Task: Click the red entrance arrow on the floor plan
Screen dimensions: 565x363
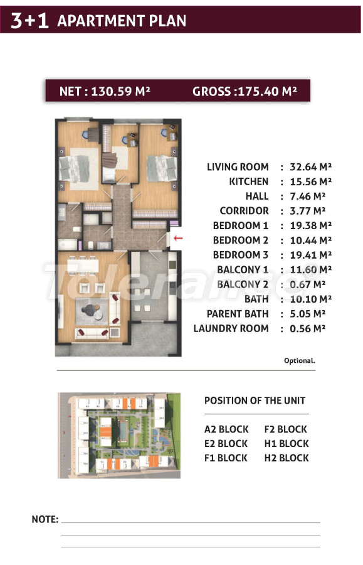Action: click(178, 238)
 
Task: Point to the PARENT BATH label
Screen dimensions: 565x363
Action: click(238, 313)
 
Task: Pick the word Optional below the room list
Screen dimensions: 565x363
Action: click(299, 361)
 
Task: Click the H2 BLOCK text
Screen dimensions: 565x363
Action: click(287, 458)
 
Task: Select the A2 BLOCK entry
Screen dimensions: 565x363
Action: click(226, 429)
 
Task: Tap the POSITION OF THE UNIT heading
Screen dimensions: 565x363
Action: click(255, 401)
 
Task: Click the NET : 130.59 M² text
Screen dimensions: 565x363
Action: click(105, 91)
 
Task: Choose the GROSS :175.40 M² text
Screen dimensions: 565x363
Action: click(245, 91)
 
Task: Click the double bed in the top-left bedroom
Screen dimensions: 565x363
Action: click(75, 168)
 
